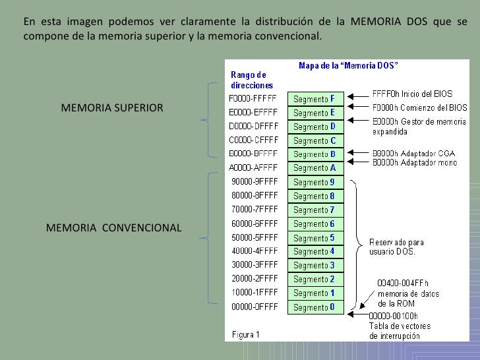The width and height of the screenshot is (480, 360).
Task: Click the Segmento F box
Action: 315,100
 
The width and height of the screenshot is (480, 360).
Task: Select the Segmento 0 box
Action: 315,307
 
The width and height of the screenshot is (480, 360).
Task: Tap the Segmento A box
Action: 315,168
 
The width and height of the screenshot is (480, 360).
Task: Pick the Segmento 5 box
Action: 315,238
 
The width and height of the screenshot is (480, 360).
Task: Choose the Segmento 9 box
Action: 315,182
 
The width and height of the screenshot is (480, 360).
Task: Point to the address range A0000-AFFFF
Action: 254,168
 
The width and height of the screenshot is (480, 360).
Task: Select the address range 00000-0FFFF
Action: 254,307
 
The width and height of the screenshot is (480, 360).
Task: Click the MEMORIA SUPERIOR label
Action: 111,107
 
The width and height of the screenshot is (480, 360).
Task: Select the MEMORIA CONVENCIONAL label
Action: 113,228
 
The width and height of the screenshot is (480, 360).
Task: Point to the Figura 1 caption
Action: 245,334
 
